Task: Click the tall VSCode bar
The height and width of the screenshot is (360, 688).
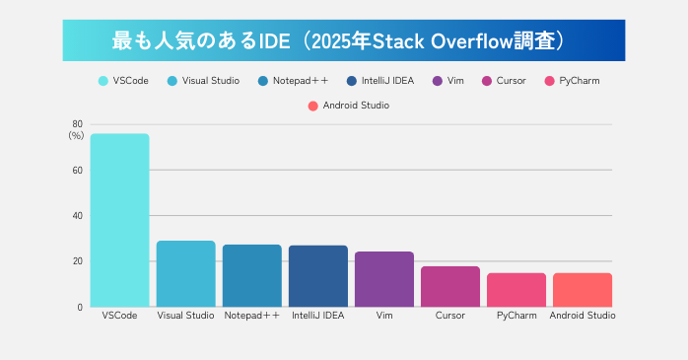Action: [x=119, y=220]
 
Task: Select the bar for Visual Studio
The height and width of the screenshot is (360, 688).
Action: [x=185, y=273]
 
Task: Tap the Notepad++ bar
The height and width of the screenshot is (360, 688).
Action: [x=251, y=275]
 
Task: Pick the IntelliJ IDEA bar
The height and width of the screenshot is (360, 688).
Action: [x=317, y=275]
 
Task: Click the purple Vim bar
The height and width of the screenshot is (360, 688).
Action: [x=383, y=278]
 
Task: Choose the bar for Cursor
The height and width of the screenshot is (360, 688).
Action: [x=449, y=286]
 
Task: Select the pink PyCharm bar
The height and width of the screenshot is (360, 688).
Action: [x=516, y=289]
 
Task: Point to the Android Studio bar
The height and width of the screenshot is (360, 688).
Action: [x=582, y=289]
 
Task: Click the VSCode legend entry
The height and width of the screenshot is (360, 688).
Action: [x=123, y=81]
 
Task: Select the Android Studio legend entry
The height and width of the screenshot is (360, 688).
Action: [x=348, y=105]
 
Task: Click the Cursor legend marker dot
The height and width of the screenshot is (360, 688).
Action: [x=486, y=81]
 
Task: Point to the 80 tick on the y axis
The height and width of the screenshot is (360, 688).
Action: [x=77, y=124]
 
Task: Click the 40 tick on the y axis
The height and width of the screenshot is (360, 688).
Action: [x=77, y=216]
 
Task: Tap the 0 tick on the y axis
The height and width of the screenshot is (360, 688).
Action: [x=79, y=307]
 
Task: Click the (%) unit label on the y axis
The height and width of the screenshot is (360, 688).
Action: [x=76, y=135]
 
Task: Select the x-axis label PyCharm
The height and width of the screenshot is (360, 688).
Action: [x=516, y=316]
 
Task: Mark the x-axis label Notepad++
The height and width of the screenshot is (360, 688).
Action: [x=251, y=316]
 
